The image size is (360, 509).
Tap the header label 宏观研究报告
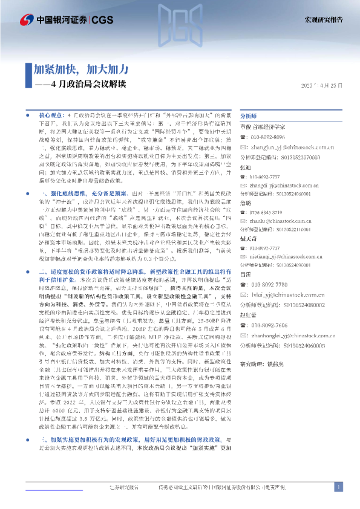322,19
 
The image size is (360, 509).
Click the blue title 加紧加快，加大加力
77,68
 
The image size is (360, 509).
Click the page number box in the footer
338,487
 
